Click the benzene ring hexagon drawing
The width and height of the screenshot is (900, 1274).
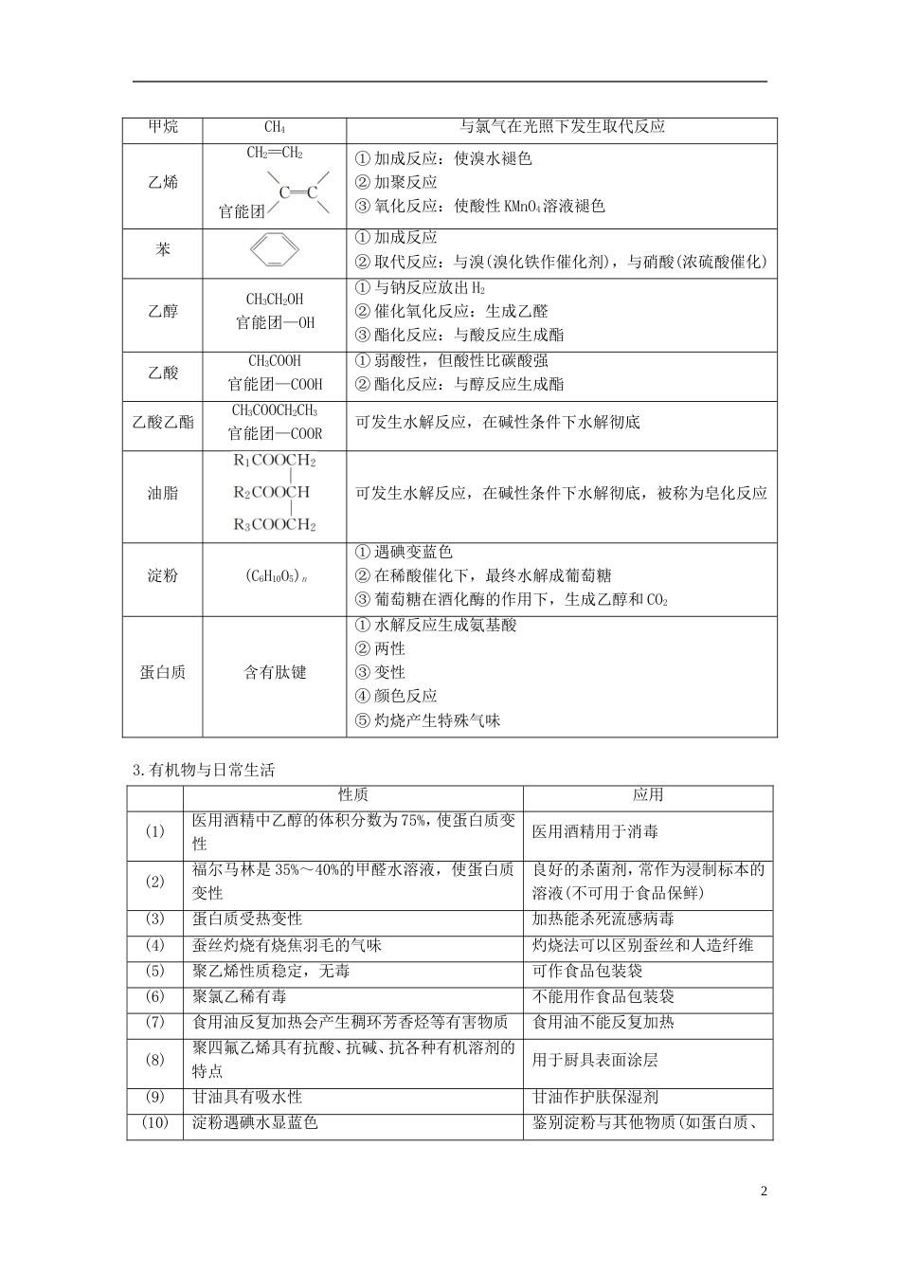coord(275,250)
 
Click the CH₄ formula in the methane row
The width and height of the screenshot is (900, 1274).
coord(275,128)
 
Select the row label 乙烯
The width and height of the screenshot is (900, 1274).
coord(163,182)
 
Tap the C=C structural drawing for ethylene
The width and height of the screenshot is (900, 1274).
coord(297,192)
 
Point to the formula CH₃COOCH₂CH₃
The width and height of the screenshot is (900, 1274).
coord(275,410)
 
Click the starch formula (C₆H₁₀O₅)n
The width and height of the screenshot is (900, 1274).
coord(275,576)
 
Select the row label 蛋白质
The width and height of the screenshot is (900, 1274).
coord(163,672)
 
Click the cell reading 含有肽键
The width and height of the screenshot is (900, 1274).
coord(275,672)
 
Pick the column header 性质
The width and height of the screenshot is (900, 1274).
coord(353,795)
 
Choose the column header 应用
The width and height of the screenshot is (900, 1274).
coord(648,795)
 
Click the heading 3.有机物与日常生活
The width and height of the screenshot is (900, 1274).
coord(203,770)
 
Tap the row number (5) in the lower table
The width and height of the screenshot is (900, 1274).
coord(155,971)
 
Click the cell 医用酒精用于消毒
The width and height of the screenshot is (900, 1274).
coord(595,831)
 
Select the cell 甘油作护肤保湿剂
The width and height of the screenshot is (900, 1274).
coord(595,1097)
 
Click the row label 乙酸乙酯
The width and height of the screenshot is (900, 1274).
coord(163,422)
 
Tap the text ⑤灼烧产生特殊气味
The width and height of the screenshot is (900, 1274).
coord(427,720)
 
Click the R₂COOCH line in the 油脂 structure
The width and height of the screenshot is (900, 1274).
coord(272,493)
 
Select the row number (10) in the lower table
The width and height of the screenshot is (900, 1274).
coord(155,1123)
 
